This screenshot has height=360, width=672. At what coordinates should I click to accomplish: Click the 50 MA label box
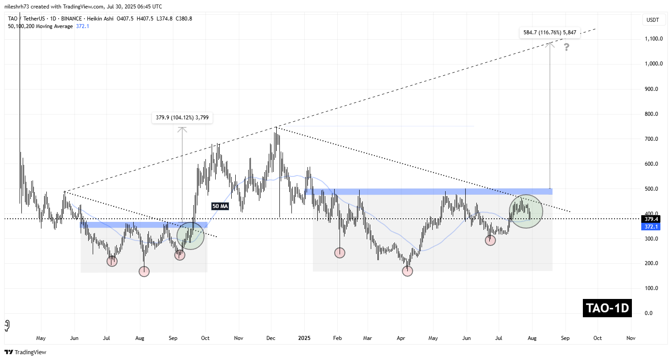tap(220, 206)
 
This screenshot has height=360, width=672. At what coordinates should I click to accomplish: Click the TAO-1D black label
tap(607, 308)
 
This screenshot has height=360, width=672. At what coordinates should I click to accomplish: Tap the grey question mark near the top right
tap(566, 47)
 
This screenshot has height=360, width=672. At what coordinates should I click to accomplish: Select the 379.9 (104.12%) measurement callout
tap(182, 118)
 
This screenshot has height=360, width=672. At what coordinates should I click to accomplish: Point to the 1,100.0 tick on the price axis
tap(653, 39)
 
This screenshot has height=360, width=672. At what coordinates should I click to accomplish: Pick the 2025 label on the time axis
tap(305, 338)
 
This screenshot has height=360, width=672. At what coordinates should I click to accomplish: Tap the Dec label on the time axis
tap(271, 338)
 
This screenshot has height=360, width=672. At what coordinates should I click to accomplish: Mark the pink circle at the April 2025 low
tap(407, 270)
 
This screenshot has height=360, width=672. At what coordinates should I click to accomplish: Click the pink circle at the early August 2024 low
tap(144, 271)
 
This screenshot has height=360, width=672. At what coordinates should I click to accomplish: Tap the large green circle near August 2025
tap(526, 211)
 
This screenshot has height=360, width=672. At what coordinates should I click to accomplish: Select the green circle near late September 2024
tap(190, 236)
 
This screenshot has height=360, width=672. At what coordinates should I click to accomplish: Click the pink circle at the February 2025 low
tap(340, 253)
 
